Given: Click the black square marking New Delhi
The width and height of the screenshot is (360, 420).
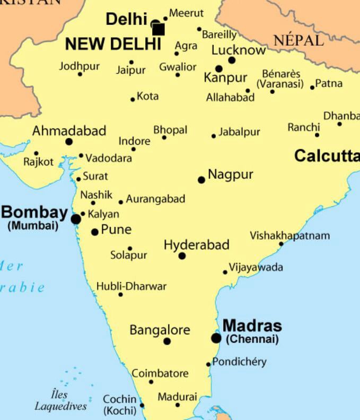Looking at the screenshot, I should pos(158,29).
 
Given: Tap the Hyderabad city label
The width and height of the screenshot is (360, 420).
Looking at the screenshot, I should pos(196,245).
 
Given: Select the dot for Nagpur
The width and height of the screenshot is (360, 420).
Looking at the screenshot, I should pos(201,180).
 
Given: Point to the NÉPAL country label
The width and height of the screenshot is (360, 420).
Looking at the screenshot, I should pos(298,40).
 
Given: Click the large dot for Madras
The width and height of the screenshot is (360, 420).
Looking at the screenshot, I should pos(216,338).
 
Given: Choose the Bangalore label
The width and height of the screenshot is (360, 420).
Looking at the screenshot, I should pos(160,330).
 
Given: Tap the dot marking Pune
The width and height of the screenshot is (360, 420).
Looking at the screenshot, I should pos(95,232).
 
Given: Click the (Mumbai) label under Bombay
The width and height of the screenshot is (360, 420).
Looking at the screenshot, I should pos(33,225).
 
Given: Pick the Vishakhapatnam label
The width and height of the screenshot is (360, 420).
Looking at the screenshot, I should pos(289,235).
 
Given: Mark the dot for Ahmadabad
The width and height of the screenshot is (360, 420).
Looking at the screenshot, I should pos(69,142).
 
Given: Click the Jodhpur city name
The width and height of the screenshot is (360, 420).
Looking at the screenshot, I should pos(79,66).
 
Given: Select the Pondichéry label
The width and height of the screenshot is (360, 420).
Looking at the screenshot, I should pos(239,362).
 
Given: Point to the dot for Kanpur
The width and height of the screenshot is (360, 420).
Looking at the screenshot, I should pos(218,69).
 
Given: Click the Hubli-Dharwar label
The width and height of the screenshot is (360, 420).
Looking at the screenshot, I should pos(131,286).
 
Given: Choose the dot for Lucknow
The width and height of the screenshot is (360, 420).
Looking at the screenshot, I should pos(232,60).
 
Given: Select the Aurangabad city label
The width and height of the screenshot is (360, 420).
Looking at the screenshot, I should pos(155,199).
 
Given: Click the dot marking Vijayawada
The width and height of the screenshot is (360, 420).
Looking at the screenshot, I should pos(225,272).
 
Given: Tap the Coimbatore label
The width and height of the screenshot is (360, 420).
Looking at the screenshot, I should pos(160,373).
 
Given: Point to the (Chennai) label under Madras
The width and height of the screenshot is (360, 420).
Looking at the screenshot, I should pos(252,339).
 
